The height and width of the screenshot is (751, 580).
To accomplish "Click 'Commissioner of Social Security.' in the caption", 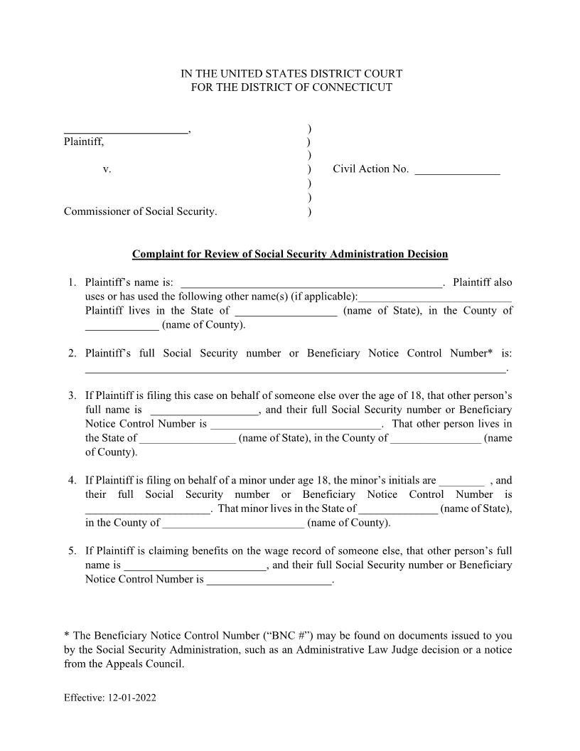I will click(141, 211).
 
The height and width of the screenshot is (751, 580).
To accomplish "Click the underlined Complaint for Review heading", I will click(290, 254).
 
